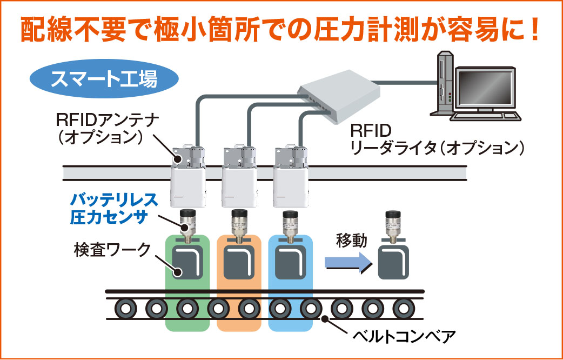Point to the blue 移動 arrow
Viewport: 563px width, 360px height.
pyautogui.click(x=346, y=262)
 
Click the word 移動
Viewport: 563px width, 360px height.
pyautogui.click(x=351, y=240)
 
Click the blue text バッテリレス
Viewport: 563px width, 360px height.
pyautogui.click(x=114, y=199)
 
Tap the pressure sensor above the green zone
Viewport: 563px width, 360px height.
pyautogui.click(x=187, y=223)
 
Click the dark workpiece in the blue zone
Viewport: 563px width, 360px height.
pyautogui.click(x=292, y=262)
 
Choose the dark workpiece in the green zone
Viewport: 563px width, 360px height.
pyautogui.click(x=187, y=262)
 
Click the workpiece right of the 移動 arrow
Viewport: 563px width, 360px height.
pyautogui.click(x=397, y=262)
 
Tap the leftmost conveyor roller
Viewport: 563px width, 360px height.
pyautogui.click(x=126, y=309)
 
